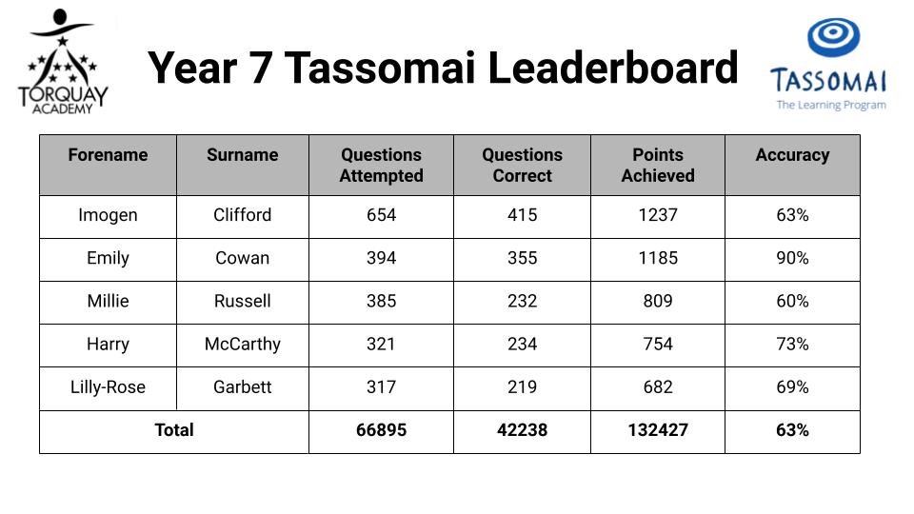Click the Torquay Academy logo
point(63,61)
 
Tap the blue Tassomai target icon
point(833,37)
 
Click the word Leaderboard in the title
point(612,68)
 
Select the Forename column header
point(108,155)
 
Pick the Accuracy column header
point(792,155)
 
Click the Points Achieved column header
point(658,165)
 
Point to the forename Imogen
point(108,215)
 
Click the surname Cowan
point(243,258)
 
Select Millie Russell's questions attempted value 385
point(381,301)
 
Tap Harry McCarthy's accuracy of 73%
point(792,344)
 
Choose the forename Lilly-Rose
point(108,387)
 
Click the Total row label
point(173,430)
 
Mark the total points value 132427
point(658,430)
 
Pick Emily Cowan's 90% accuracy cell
point(792,258)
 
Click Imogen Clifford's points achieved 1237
point(658,215)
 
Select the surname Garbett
point(243,387)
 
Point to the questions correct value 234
point(522,344)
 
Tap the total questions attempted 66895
point(381,430)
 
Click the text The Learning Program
point(831,105)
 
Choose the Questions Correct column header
point(522,165)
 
